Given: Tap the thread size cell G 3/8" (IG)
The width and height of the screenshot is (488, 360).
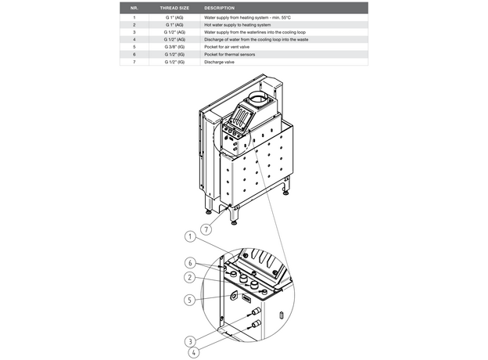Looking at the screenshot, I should click(x=174, y=46).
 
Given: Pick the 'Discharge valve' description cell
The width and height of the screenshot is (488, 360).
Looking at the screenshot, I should click(x=220, y=61).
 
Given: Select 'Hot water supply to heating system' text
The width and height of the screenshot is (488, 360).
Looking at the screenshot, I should click(x=237, y=24).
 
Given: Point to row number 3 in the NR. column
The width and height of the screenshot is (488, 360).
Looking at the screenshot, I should click(x=135, y=32).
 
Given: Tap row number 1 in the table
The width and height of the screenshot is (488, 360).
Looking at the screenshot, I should click(x=135, y=16).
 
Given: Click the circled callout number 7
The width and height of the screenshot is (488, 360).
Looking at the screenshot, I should click(x=206, y=230).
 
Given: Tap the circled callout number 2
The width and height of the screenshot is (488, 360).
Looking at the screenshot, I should click(x=189, y=278).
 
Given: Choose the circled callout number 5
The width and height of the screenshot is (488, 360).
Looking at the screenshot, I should click(x=189, y=298).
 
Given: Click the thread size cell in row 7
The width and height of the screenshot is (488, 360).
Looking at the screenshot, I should click(x=174, y=61).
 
